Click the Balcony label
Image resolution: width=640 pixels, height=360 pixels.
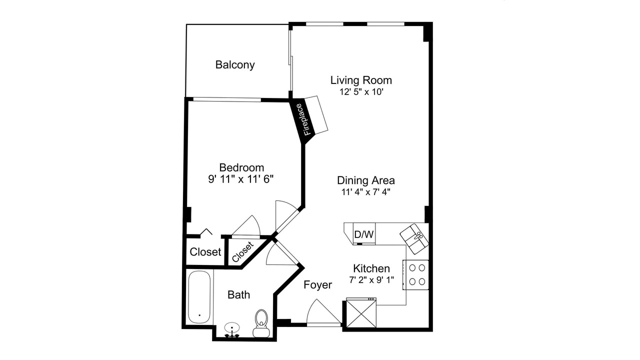[235, 65]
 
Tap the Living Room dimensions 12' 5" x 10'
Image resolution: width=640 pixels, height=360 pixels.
[361, 92]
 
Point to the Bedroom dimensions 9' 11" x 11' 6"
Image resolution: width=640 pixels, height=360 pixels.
[241, 179]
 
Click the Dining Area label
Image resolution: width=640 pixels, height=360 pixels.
[366, 180]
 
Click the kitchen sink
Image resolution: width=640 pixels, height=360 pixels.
[414, 239]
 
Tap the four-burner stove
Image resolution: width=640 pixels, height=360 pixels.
[415, 275]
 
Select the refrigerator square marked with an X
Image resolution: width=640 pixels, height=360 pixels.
[361, 313]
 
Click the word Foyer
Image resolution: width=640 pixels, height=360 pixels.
[317, 285]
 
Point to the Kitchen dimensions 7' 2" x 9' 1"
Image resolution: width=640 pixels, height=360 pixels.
[371, 280]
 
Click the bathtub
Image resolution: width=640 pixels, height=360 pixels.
[199, 297]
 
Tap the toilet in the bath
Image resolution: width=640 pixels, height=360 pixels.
[261, 323]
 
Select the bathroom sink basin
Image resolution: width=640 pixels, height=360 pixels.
[231, 327]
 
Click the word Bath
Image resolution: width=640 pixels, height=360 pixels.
[238, 295]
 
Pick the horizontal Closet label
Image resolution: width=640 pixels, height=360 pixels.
[205, 252]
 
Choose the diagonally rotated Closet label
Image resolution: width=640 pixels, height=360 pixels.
[242, 251]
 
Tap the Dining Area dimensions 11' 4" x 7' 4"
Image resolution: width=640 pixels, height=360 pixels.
[366, 192]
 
